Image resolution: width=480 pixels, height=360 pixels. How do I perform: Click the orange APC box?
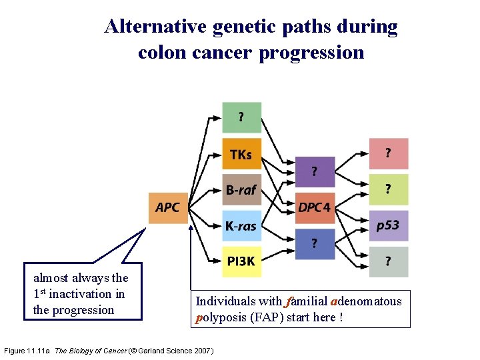coord(168,208)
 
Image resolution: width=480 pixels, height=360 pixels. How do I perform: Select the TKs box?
coord(241,154)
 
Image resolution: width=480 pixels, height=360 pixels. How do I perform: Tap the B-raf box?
coord(241,190)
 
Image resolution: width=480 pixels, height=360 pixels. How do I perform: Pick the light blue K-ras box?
coord(241,225)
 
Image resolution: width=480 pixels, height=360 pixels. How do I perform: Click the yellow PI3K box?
coord(241,261)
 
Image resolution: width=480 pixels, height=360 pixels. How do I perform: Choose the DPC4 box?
coord(314,208)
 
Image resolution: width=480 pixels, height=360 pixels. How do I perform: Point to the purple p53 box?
coord(388,226)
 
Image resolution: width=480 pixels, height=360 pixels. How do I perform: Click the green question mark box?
coord(241,118)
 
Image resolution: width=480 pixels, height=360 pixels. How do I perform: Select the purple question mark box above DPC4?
coord(314,172)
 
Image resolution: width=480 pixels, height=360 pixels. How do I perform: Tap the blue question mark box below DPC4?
coord(314,243)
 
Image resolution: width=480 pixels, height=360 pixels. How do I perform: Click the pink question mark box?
coord(388,154)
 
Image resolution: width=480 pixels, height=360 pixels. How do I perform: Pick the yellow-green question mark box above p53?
coord(388,190)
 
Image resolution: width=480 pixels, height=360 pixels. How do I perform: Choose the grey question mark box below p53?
coord(388,261)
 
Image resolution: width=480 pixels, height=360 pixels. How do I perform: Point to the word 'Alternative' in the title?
coord(155,27)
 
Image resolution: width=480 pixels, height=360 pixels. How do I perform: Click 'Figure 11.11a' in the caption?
coord(27,351)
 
